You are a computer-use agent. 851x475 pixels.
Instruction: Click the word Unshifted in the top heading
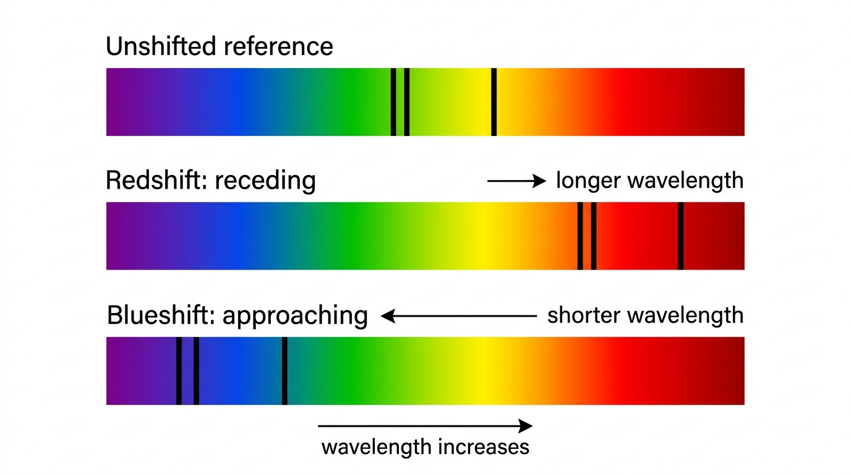click(x=161, y=46)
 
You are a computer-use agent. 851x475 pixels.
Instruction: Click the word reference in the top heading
click(x=278, y=46)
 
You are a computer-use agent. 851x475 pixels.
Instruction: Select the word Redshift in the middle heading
click(x=156, y=180)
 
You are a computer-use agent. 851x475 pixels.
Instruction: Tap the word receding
click(x=265, y=181)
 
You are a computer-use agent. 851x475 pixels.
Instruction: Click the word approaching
click(x=295, y=316)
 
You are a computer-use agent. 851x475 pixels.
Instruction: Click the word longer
click(x=588, y=181)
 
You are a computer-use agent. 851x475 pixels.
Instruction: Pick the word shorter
click(x=584, y=315)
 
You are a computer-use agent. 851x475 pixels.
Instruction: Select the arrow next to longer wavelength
click(x=516, y=181)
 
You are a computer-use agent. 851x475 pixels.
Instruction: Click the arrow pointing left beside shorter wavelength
click(x=458, y=316)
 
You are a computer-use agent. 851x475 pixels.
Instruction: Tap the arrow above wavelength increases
click(x=425, y=426)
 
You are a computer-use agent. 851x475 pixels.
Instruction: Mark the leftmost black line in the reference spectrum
click(x=393, y=102)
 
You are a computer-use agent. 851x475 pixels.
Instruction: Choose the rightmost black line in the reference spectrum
click(x=494, y=102)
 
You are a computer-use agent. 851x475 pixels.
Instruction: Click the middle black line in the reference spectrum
click(x=406, y=102)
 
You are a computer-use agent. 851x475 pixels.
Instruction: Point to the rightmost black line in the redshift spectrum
click(x=680, y=236)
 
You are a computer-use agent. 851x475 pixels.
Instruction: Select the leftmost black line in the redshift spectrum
click(x=579, y=236)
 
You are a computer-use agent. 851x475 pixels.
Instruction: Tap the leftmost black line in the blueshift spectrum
click(x=179, y=371)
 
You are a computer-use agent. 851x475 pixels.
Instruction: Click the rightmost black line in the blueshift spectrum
click(x=284, y=371)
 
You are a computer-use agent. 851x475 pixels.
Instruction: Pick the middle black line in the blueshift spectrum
click(x=196, y=371)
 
